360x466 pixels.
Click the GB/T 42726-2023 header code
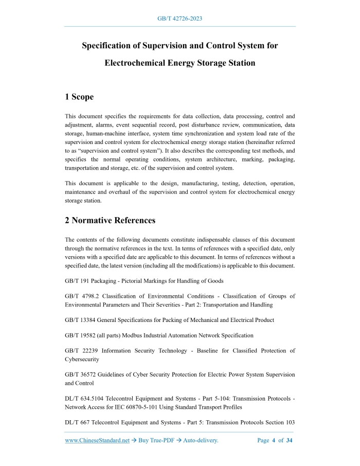179,19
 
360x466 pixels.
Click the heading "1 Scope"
79,97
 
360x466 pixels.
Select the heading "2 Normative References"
110,221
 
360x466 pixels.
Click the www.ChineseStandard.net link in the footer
97,440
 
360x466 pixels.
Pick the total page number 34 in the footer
290,440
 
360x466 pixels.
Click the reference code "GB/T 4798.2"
81,296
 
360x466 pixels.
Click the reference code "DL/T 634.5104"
84,398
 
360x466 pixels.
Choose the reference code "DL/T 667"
76,422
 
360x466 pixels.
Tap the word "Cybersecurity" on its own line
82,359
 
